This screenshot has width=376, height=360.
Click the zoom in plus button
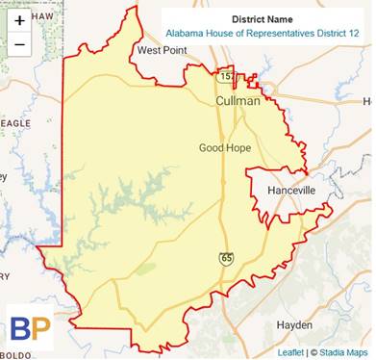pos(20,20)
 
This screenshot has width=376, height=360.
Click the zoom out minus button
pos(20,45)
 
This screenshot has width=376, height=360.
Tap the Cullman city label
pos(238,100)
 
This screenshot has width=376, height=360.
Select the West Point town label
pos(161,50)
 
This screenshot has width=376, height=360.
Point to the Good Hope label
pos(225,148)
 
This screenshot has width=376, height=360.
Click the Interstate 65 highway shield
pos(224,260)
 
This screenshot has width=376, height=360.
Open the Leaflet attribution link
pos(291,352)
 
